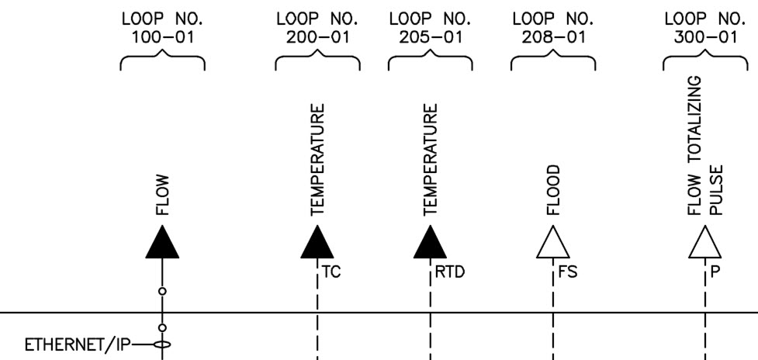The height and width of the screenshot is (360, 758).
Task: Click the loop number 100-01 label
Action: coord(162,28)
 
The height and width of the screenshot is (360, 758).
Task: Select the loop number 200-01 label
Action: coord(317,28)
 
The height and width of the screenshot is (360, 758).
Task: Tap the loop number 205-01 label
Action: coord(431,28)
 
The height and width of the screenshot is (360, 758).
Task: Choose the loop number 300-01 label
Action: coord(704,28)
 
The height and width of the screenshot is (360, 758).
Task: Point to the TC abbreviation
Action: coord(333,272)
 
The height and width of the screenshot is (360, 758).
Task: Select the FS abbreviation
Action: coord(568,272)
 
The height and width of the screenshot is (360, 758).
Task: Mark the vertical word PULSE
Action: coord(718,189)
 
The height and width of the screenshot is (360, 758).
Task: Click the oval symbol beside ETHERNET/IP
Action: coord(162,344)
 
